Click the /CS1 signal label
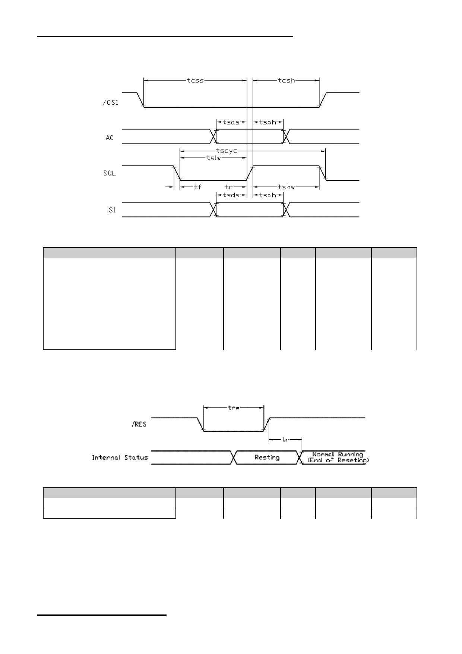110,103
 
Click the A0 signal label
110,138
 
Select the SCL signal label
110,173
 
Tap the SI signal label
112,210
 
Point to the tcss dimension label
195,80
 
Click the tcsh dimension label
287,80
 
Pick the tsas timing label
231,122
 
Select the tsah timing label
268,122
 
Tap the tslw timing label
213,158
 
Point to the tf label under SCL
198,187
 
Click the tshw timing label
287,187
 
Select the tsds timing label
231,195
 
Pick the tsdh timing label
268,195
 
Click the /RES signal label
139,424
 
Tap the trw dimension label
233,408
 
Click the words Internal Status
120,458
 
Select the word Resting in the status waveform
267,458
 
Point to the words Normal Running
338,455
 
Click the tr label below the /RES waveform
285,440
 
